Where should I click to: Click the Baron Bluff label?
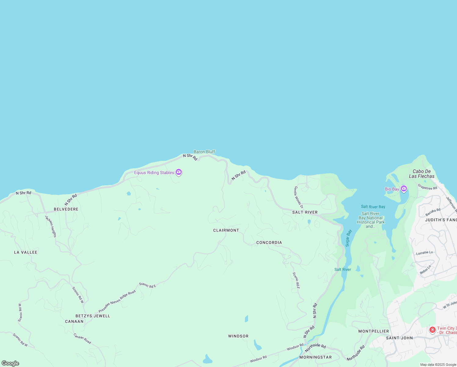[204, 152]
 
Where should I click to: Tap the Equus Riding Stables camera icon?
[179, 172]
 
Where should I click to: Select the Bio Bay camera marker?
[404, 189]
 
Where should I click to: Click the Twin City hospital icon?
[432, 330]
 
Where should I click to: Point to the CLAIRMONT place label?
[226, 230]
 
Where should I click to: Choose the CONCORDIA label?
[269, 243]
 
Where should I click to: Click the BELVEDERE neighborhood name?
[66, 209]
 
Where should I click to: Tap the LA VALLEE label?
[26, 252]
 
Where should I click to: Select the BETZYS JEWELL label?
[93, 316]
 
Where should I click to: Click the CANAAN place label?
[74, 321]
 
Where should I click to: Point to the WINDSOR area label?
[238, 336]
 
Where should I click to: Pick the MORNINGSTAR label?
[315, 357]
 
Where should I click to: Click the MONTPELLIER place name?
[374, 331]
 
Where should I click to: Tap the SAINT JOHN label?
[399, 338]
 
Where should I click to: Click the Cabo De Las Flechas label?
[422, 174]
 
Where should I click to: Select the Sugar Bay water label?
[348, 238]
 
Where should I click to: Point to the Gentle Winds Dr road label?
[298, 197]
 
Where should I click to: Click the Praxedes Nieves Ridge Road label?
[117, 301]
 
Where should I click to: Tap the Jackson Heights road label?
[51, 226]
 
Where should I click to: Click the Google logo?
[10, 363]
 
